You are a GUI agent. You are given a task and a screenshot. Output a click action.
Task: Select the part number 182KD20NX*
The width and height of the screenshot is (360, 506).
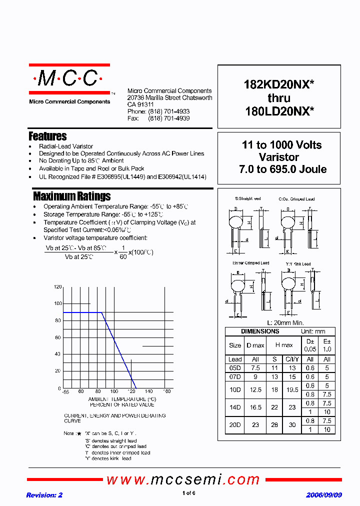tap(278, 84)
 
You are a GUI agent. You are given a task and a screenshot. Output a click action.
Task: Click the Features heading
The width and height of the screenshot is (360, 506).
tap(47, 136)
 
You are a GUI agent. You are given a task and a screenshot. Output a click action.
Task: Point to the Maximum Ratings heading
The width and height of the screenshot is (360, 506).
tap(71, 196)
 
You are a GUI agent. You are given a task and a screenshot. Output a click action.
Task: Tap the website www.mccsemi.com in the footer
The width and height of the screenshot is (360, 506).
tap(183, 480)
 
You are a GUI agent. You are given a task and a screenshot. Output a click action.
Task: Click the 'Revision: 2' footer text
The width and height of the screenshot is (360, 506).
tap(44, 495)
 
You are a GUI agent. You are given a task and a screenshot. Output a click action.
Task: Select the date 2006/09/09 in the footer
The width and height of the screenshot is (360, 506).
tap(324, 495)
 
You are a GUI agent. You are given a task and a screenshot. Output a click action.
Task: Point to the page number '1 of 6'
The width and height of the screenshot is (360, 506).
tap(188, 493)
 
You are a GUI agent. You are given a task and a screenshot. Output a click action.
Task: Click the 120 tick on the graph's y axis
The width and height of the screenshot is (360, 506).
tap(57, 287)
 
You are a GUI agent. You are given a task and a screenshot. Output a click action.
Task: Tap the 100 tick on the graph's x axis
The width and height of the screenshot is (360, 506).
tap(114, 391)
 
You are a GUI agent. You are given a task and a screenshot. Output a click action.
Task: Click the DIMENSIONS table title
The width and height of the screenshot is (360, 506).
tap(260, 331)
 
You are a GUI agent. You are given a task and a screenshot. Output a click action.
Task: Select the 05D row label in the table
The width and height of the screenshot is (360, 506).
tap(234, 367)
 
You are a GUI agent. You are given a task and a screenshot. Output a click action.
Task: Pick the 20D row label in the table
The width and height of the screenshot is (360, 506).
tap(234, 425)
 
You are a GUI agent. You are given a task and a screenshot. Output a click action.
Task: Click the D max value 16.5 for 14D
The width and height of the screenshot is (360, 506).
tap(255, 407)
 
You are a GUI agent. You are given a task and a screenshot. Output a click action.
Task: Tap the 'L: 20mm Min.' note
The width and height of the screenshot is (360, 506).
tap(285, 323)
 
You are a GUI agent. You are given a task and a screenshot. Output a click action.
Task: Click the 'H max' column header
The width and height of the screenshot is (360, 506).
tap(283, 345)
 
